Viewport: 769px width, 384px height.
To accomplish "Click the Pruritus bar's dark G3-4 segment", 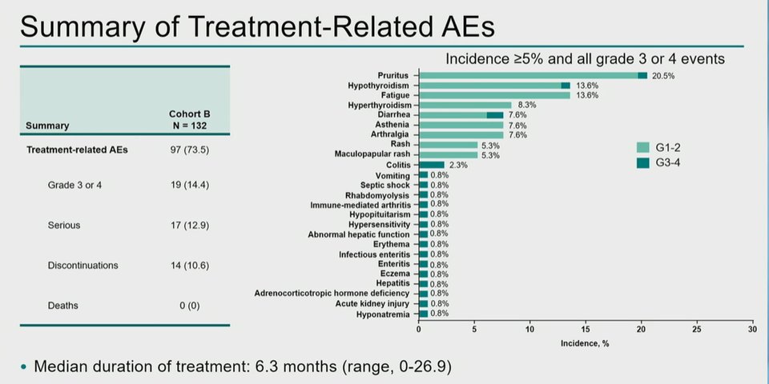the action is (642, 75).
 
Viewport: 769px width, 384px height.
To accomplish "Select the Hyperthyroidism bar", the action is (465, 105).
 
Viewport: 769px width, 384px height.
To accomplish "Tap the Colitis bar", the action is (432, 165).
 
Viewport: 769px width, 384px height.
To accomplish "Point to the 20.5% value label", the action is (663, 76).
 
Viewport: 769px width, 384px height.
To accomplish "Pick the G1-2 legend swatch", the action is (642, 147).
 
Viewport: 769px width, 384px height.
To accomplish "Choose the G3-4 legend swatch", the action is (642, 162).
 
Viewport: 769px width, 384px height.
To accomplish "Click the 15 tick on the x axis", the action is (586, 329).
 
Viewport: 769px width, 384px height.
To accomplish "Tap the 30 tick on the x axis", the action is (752, 329).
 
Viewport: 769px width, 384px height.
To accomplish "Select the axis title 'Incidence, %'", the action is (585, 344).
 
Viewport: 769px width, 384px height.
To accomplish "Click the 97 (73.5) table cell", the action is (189, 150).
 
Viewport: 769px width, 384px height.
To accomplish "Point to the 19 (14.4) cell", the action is (189, 185).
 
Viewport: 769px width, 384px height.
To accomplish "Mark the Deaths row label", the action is (62, 306).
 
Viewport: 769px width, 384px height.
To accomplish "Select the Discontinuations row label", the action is (83, 266).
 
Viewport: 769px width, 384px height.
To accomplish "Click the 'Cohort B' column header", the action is (189, 114).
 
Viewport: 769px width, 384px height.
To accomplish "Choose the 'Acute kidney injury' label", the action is (372, 304).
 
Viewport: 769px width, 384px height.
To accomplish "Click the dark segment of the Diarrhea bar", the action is (495, 115).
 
